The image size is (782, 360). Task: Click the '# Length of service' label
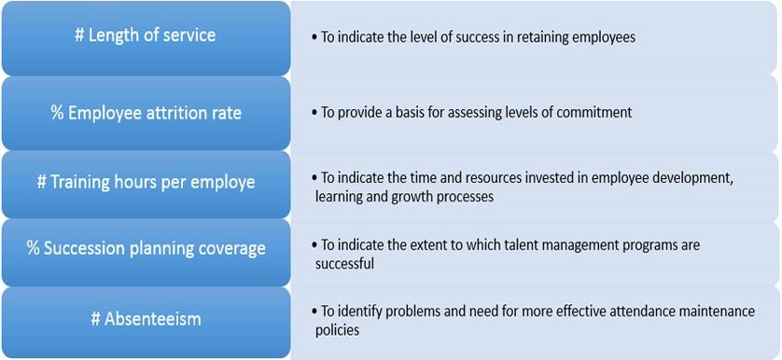[x=146, y=35]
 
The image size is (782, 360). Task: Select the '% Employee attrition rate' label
[x=146, y=113]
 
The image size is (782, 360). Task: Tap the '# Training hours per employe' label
[x=146, y=183]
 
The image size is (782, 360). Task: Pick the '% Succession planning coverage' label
[x=146, y=249]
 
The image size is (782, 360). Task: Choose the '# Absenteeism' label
[x=146, y=319]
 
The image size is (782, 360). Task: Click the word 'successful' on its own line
[x=344, y=263]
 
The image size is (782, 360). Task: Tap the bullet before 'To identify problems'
[x=314, y=312]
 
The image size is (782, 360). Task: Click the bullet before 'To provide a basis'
[x=314, y=113]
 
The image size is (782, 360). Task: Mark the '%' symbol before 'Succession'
[x=34, y=249]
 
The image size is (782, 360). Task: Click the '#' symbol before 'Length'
[x=79, y=35]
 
